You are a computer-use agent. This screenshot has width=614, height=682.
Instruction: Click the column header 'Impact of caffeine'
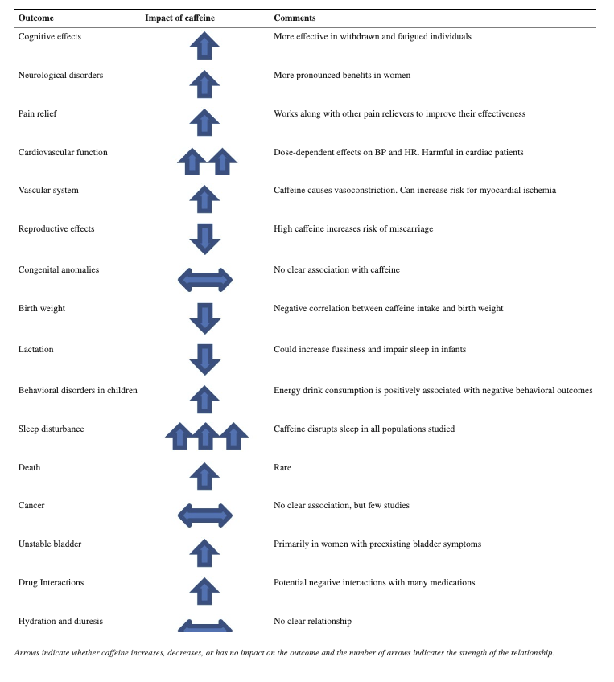tap(180, 18)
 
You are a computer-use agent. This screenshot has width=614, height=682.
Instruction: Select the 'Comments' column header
tap(295, 18)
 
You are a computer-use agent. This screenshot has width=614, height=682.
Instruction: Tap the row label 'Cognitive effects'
tap(49, 36)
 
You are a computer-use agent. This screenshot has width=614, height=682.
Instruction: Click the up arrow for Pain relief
tap(204, 121)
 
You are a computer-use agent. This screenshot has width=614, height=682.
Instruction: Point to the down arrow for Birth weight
tap(204, 318)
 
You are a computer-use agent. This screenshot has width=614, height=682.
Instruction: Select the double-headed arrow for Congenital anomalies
tap(204, 280)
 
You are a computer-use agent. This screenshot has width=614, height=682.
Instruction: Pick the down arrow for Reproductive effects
tap(204, 239)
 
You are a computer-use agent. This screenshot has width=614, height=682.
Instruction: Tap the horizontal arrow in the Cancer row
tap(204, 515)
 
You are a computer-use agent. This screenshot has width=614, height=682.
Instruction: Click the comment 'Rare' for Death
tap(282, 467)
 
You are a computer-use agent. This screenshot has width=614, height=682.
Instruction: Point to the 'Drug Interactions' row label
tap(51, 582)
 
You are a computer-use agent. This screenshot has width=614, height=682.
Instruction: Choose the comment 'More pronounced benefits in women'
tap(342, 75)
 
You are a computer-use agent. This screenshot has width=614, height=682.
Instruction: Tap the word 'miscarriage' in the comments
tap(410, 228)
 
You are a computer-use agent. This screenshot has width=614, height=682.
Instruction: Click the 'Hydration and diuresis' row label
tap(60, 621)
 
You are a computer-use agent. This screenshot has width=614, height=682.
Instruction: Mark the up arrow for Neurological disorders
tap(204, 84)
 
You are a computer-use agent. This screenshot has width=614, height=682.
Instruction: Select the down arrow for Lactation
tap(204, 359)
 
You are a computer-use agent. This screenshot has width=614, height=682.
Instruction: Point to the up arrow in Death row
tap(204, 476)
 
